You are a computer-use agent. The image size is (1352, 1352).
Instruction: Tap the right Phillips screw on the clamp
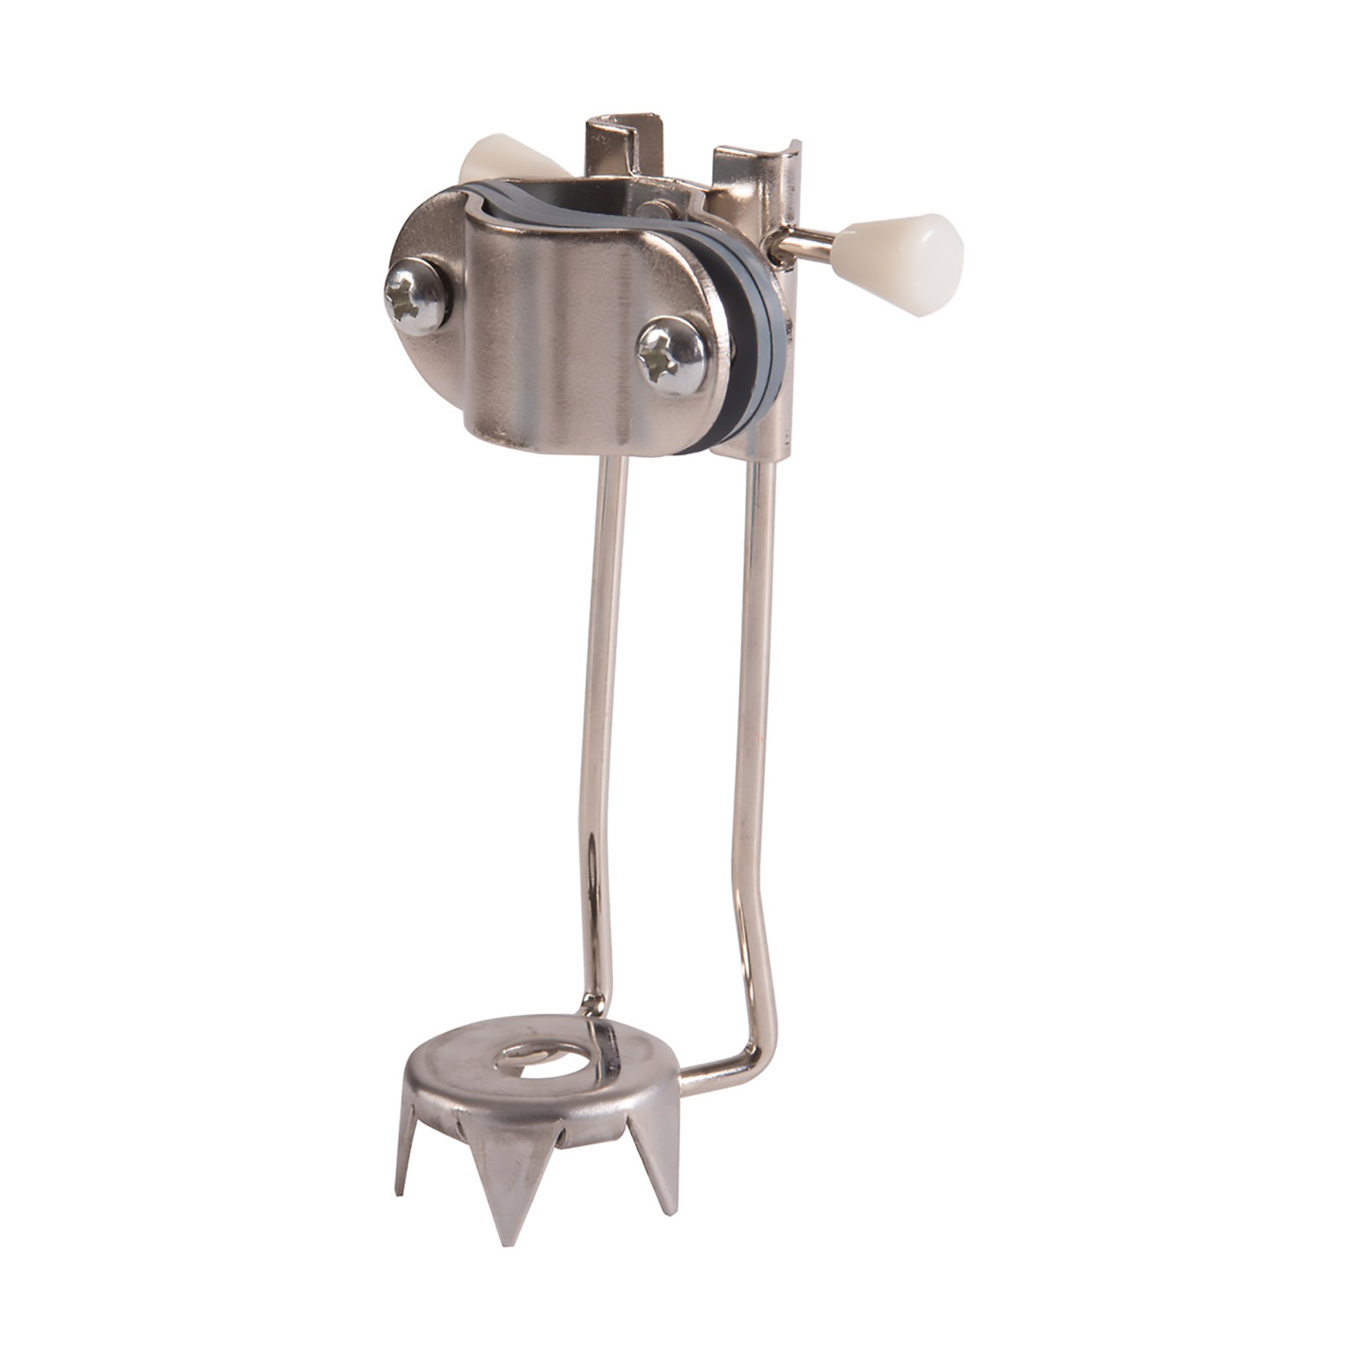point(671,356)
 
